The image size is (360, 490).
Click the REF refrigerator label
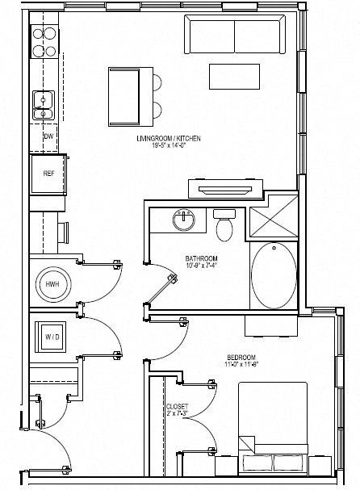pos(48,173)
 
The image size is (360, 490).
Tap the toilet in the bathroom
pos(224,225)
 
